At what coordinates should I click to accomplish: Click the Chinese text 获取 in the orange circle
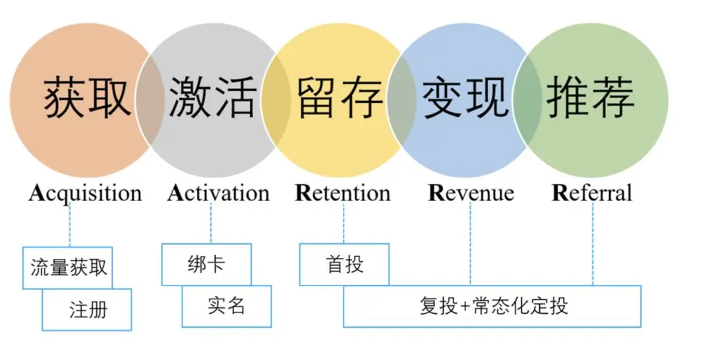[87, 98]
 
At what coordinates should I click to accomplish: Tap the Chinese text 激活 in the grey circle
[212, 98]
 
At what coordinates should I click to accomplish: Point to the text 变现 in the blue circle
[465, 98]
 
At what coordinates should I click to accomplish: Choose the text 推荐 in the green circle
[591, 98]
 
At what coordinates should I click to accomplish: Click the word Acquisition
[85, 193]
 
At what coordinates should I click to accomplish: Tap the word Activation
[218, 193]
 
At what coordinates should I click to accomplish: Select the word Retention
[343, 193]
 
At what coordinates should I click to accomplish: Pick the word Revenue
[471, 193]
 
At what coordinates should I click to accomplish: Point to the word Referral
[591, 193]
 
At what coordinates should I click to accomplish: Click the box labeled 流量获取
[68, 268]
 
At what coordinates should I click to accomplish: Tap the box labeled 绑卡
[206, 264]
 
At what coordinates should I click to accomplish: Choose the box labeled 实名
[226, 306]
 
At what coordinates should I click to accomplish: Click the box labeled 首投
[344, 264]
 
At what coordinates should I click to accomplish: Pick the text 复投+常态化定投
[493, 307]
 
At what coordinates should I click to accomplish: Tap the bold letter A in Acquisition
[36, 193]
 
